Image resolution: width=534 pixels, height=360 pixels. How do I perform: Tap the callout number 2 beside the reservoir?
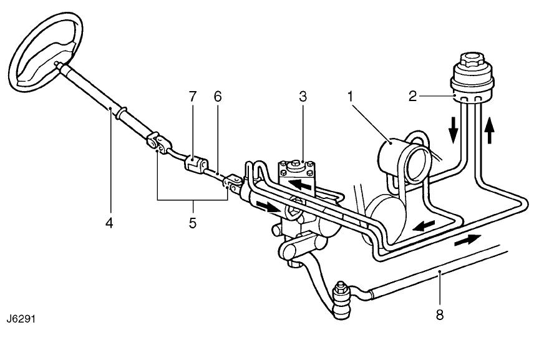(x=412, y=97)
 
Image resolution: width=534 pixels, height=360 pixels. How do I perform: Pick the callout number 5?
(x=193, y=222)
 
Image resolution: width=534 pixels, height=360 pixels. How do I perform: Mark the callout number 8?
(x=439, y=315)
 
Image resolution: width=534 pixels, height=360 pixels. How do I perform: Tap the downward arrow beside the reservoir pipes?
(x=454, y=129)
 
